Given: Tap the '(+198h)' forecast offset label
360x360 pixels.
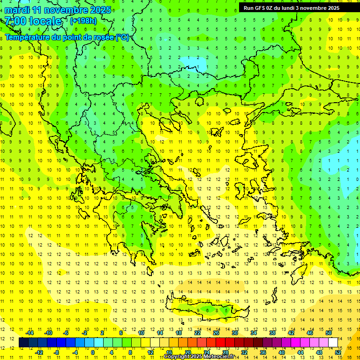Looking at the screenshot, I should (83, 21).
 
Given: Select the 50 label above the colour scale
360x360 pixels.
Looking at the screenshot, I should (329, 333).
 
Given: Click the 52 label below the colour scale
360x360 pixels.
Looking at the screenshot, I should (338, 352).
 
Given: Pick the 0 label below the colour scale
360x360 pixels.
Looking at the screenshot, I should (92, 352).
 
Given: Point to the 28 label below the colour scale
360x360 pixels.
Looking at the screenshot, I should (225, 352).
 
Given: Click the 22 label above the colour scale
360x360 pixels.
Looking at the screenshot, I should (197, 333).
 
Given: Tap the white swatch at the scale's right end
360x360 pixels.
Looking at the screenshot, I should (333, 343).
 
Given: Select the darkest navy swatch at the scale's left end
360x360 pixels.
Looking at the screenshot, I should (24, 343).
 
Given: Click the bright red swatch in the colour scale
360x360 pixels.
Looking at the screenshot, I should (220, 343).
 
